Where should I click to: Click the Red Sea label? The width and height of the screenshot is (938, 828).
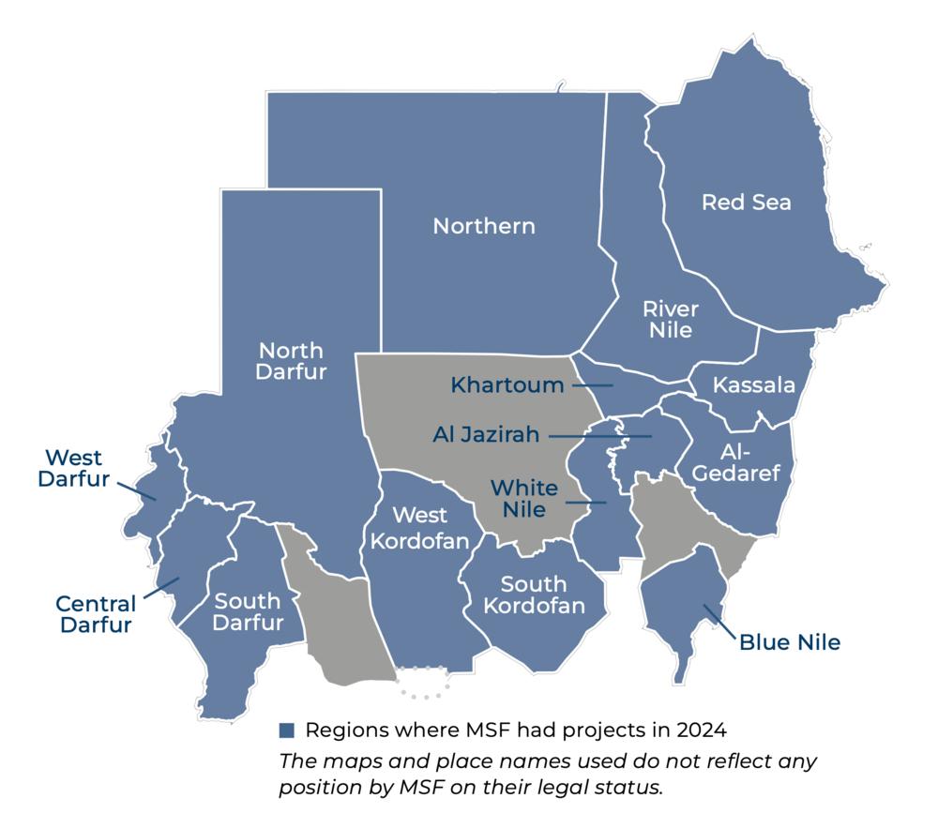pyautogui.click(x=747, y=203)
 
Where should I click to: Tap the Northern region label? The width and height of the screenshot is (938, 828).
pyautogui.click(x=484, y=226)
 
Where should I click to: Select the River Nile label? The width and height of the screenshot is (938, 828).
pyautogui.click(x=671, y=319)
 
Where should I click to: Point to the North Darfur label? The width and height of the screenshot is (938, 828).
pyautogui.click(x=292, y=361)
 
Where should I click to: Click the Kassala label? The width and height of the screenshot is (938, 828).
pyautogui.click(x=753, y=385)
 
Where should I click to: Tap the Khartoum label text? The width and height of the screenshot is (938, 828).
pyautogui.click(x=507, y=384)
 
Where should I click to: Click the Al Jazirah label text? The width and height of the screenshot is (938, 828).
pyautogui.click(x=487, y=435)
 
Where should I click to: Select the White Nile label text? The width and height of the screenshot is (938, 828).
pyautogui.click(x=524, y=499)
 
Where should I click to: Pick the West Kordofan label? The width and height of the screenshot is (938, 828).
pyautogui.click(x=408, y=528)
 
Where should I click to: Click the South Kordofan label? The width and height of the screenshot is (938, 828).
pyautogui.click(x=534, y=595)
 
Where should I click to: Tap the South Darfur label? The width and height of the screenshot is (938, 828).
pyautogui.click(x=248, y=611)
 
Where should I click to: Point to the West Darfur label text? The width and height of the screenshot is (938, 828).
pyautogui.click(x=74, y=469)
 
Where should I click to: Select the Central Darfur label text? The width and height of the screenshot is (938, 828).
pyautogui.click(x=96, y=614)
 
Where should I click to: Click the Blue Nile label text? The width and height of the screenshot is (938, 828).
pyautogui.click(x=790, y=643)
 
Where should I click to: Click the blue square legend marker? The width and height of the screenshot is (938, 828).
pyautogui.click(x=287, y=730)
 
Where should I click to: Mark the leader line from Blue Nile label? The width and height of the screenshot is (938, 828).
pyautogui.click(x=720, y=622)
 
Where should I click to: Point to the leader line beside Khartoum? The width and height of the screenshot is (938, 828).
pyautogui.click(x=592, y=384)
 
